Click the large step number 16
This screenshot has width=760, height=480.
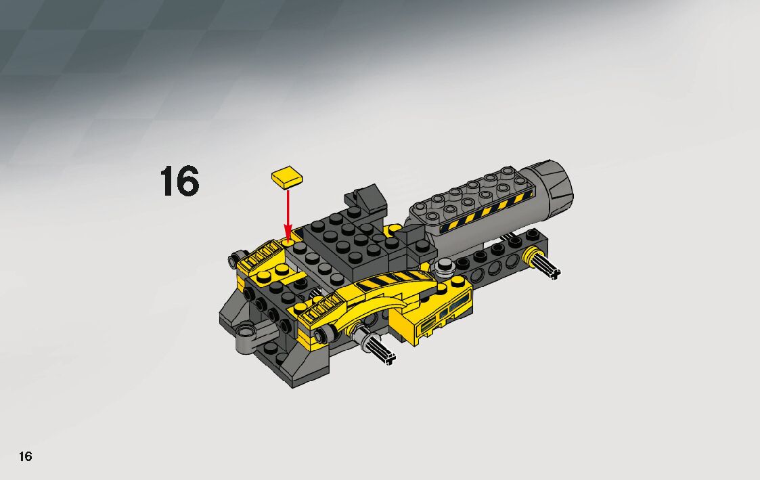click(179, 181)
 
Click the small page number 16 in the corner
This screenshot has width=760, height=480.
click(25, 456)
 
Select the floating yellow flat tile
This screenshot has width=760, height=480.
click(288, 177)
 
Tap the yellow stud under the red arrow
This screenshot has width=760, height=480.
click(287, 240)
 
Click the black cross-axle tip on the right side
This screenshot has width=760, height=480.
click(554, 274)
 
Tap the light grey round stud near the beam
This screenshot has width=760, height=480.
click(445, 264)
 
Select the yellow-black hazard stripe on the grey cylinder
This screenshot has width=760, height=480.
click(485, 213)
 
